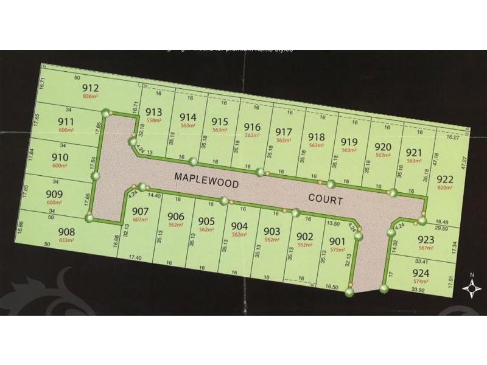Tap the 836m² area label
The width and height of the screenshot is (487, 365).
[x=90, y=97]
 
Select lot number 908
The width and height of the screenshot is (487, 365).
[x=66, y=232]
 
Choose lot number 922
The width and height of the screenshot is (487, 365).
[x=445, y=178]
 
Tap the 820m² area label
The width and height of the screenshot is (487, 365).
[x=445, y=189]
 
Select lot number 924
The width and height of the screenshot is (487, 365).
[x=420, y=272]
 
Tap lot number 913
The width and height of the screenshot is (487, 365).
[x=153, y=111]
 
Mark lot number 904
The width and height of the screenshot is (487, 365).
[x=240, y=226]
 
